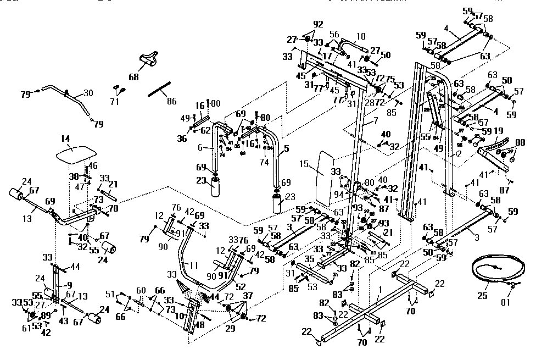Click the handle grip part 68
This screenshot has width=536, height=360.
[149, 59]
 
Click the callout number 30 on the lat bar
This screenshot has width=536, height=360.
[88, 93]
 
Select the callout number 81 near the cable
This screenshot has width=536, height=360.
[506, 301]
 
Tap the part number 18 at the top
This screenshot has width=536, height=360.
[360, 37]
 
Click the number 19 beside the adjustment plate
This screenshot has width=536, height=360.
[499, 131]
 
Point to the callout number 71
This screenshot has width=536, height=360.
[115, 101]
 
